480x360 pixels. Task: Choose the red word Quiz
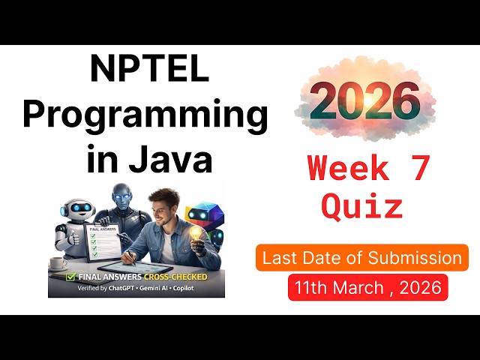pyautogui.click(x=362, y=205)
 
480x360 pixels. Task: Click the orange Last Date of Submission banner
pyautogui.click(x=362, y=258)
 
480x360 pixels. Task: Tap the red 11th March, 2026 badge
pyautogui.click(x=367, y=288)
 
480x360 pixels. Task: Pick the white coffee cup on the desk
pyautogui.click(x=57, y=264)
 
